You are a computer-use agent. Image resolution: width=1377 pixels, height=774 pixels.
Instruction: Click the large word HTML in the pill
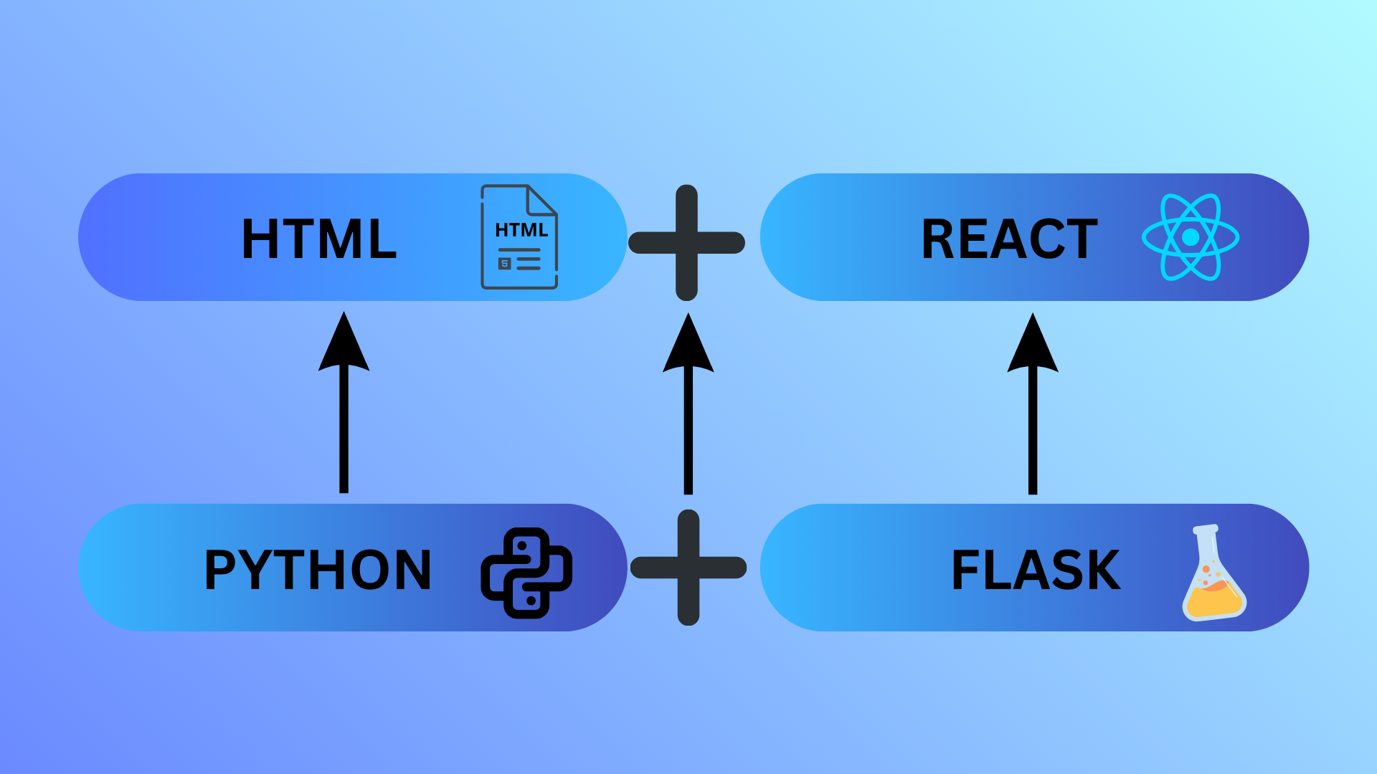coord(319,239)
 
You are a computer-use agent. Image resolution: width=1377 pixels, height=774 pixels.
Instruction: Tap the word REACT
coord(1009,239)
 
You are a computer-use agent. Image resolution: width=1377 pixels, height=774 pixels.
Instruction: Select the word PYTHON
coord(318,570)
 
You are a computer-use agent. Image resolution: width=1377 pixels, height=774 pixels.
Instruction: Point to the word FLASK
coord(1036,570)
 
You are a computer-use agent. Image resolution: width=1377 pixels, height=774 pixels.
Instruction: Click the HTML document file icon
coord(519,237)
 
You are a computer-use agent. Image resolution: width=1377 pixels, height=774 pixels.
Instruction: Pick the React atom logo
coord(1191,237)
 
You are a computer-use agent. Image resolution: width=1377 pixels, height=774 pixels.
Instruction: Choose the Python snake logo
coord(526,573)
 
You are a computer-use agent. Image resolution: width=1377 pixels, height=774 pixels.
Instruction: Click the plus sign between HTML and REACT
coord(686,243)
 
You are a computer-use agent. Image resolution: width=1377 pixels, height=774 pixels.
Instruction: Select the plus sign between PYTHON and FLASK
coord(688,568)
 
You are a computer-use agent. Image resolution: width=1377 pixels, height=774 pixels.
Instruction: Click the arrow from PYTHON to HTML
coord(344,416)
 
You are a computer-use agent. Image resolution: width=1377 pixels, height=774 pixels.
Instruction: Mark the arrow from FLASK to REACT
coord(1033,416)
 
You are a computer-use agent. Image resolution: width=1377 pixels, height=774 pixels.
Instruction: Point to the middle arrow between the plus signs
coord(688,416)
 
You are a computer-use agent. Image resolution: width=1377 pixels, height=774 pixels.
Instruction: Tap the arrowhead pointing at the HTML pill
coord(344,344)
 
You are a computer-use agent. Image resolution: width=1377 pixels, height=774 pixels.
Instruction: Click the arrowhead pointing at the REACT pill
coord(1033,345)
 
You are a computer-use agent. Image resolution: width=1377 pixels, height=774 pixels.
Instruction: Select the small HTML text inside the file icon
coord(521,230)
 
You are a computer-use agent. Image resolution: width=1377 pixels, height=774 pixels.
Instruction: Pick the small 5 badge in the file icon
coord(505,264)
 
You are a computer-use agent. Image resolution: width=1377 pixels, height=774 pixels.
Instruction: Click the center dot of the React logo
coord(1191,237)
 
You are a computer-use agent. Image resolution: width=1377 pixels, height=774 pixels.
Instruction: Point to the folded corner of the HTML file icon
coord(541,200)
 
